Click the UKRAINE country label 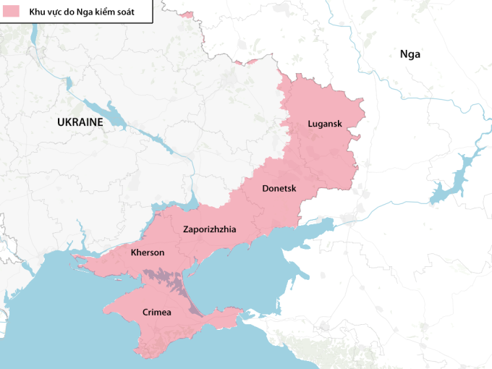(x=80, y=122)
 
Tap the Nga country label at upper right (x=410, y=54)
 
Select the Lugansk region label (x=324, y=123)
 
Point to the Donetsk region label (x=279, y=188)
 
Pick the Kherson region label (x=148, y=253)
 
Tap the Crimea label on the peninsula (x=156, y=312)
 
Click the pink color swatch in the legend (x=9, y=12)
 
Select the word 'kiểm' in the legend (x=105, y=13)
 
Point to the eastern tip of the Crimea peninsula (x=239, y=312)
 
